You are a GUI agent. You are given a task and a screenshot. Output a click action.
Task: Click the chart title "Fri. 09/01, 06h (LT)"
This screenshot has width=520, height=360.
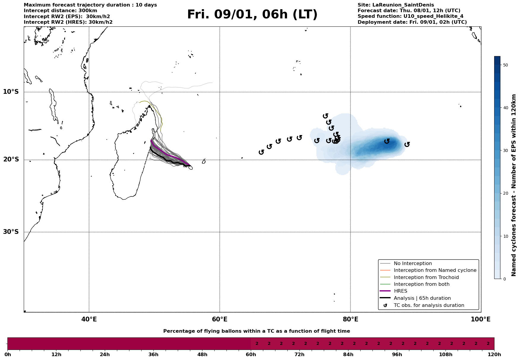(252, 15)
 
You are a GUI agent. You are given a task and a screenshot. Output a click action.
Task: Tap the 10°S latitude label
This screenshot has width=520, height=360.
(11, 91)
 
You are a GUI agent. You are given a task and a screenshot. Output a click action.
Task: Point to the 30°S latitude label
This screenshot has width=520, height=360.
(11, 231)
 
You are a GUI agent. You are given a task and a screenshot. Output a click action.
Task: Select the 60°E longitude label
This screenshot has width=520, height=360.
(220, 319)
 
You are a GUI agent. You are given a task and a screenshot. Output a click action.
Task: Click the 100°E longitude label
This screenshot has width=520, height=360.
(480, 319)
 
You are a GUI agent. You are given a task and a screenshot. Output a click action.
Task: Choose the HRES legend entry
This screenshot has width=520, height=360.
(400, 291)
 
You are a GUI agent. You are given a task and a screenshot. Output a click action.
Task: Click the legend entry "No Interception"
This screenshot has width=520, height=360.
(413, 264)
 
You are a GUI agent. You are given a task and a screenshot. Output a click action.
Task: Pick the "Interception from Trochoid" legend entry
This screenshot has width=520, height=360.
(426, 277)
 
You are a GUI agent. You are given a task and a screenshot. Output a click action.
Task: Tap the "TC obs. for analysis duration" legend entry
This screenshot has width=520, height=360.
(429, 305)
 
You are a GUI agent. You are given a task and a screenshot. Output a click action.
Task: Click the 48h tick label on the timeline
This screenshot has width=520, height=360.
(202, 354)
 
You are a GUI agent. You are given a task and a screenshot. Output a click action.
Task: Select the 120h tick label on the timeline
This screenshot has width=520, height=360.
(494, 354)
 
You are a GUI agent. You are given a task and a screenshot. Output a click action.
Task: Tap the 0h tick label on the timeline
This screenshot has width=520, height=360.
(8, 354)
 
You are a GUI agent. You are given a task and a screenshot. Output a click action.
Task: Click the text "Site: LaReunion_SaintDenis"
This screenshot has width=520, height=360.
(396, 5)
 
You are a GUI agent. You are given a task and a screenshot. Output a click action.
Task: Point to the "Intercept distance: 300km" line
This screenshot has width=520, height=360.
(60, 11)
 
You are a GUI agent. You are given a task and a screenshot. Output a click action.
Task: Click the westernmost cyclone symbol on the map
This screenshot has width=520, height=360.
(261, 152)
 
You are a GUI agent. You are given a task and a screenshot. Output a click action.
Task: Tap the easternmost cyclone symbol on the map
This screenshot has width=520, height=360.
(407, 144)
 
